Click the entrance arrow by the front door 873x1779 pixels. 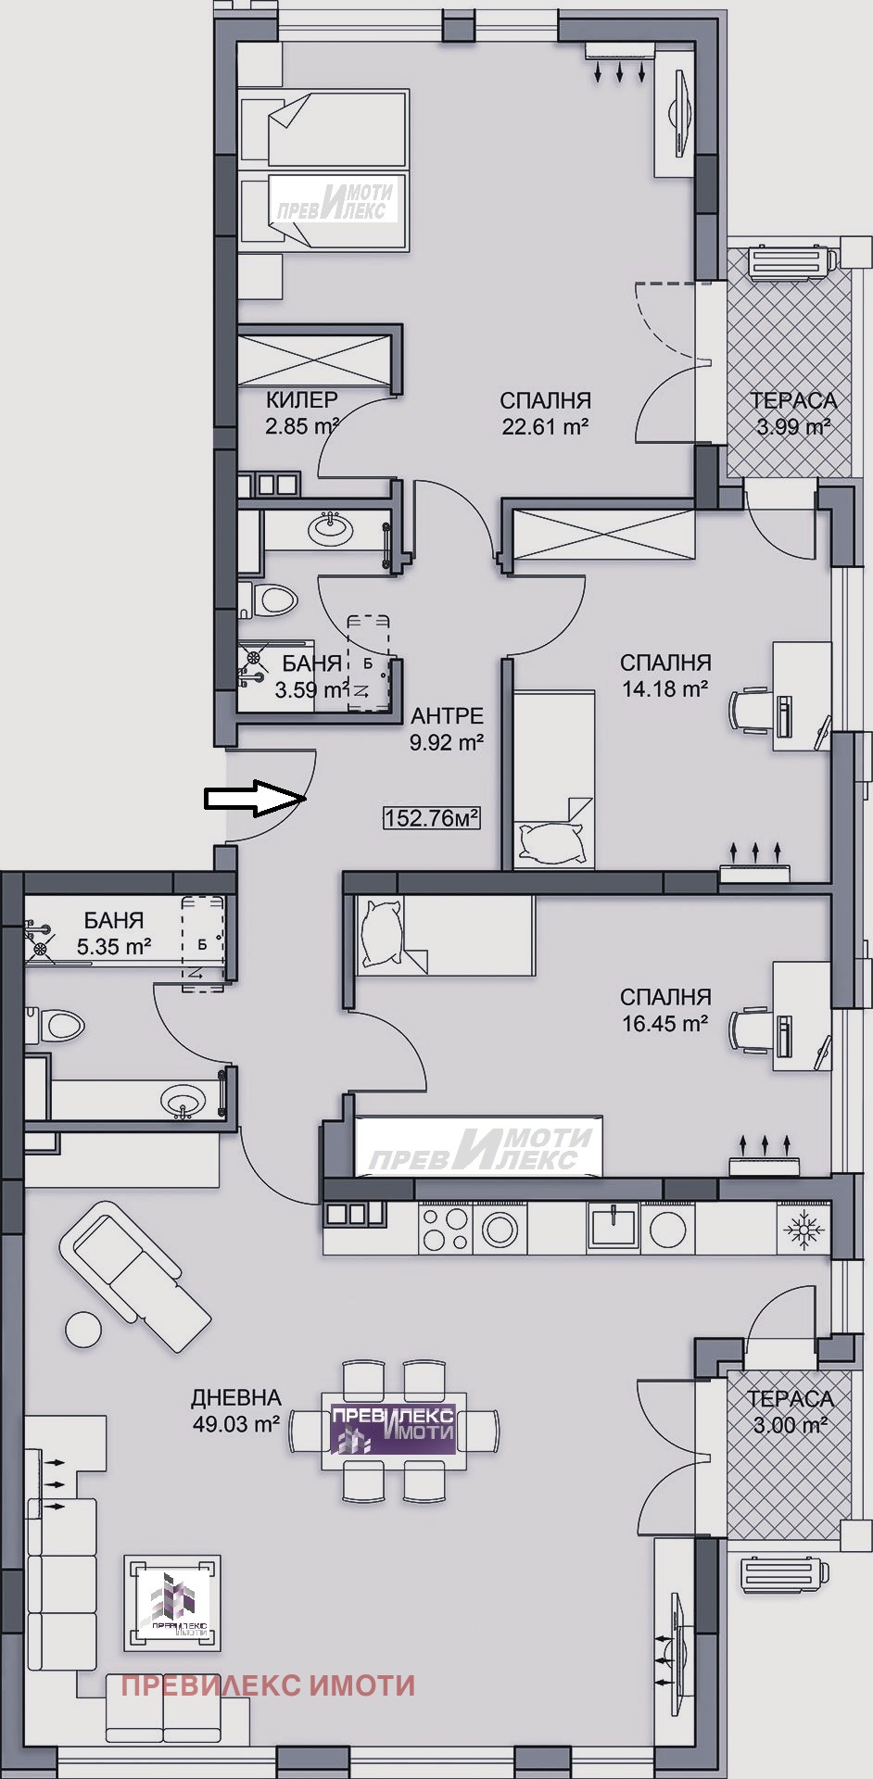pyautogui.click(x=256, y=798)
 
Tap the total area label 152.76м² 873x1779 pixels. pyautogui.click(x=432, y=818)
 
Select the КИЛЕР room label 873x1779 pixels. pyautogui.click(x=302, y=400)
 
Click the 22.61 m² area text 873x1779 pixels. pyautogui.click(x=545, y=427)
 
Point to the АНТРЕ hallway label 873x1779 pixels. pyautogui.click(x=448, y=715)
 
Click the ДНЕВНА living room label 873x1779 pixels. pyautogui.click(x=236, y=1397)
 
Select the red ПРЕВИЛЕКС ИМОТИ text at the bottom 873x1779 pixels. pyautogui.click(x=268, y=1659)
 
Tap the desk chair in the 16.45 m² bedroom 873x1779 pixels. pyautogui.click(x=751, y=1031)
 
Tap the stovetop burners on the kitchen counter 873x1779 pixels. pyautogui.click(x=444, y=1229)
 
